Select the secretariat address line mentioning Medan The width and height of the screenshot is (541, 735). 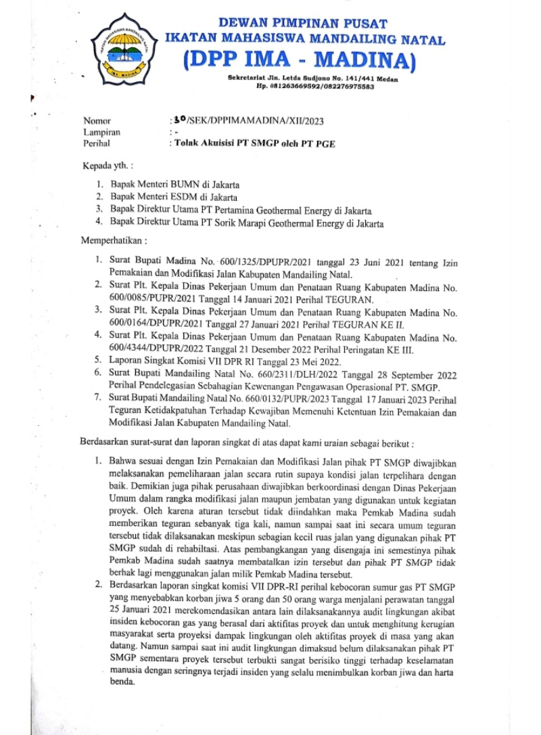pyautogui.click(x=312, y=80)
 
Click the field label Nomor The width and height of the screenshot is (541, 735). pyautogui.click(x=96, y=121)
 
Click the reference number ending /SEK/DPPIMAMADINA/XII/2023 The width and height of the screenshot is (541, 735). pyautogui.click(x=248, y=121)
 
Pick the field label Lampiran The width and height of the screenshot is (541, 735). pyautogui.click(x=101, y=133)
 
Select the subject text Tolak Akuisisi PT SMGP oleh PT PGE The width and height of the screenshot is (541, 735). pyautogui.click(x=254, y=143)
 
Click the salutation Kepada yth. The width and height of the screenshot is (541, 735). pyautogui.click(x=108, y=164)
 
